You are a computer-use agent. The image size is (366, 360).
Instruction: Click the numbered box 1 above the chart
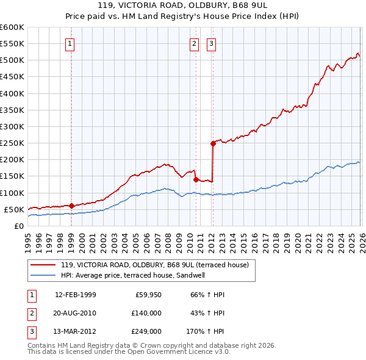click(71, 43)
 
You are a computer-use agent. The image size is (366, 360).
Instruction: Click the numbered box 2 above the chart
click(195, 43)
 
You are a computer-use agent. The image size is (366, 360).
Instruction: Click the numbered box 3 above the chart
click(212, 43)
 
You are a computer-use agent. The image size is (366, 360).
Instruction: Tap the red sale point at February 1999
click(71, 206)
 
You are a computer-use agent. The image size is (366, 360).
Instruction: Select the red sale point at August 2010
click(196, 179)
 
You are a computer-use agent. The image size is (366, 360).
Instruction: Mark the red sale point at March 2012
click(213, 143)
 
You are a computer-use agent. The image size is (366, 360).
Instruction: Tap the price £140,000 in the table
click(146, 313)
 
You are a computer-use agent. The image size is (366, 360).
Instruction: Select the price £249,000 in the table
click(146, 331)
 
